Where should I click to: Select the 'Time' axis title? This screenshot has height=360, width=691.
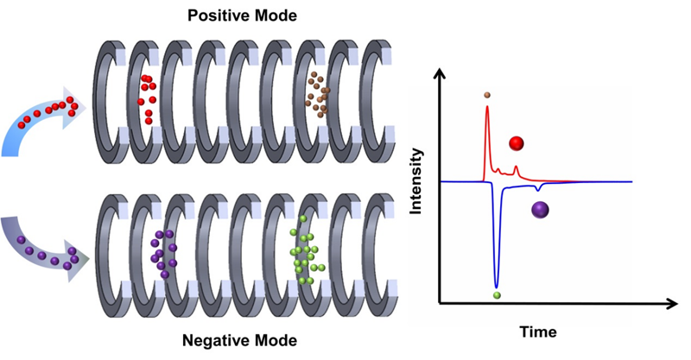coord(537,331)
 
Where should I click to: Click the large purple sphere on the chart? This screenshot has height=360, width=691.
coord(541,209)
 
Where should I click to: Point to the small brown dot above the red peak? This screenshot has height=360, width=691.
coord(488,94)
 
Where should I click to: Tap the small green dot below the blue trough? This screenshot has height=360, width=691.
coord(497,295)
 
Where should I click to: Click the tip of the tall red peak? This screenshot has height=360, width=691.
coord(488,106)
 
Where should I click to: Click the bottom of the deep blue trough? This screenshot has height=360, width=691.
coord(496,286)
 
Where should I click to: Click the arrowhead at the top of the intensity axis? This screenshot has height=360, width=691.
coord(441,76)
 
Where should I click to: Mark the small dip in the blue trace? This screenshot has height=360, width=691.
coord(539,188)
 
